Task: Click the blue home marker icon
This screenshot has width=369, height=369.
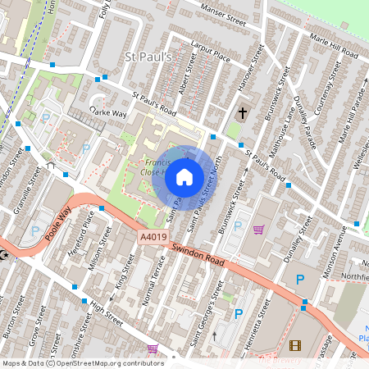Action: click(x=184, y=176)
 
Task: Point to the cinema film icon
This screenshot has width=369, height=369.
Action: click(x=295, y=345)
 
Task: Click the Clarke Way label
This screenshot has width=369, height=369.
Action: click(x=109, y=111)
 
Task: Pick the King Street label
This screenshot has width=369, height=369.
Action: click(x=123, y=268)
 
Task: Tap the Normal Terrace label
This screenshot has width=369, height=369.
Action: click(x=154, y=279)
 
